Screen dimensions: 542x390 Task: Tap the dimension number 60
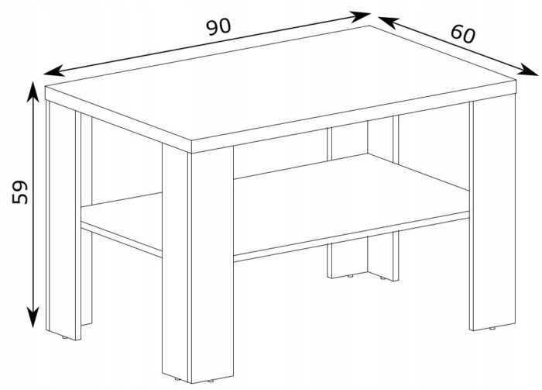coord(463,34)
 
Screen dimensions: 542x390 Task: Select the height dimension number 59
coord(19,192)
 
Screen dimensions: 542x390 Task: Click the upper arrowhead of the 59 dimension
coord(33,91)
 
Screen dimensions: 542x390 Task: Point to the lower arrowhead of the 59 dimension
coord(33,317)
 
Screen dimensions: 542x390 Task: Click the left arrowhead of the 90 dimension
coord(53,71)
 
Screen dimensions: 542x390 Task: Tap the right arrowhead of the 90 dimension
coord(361,16)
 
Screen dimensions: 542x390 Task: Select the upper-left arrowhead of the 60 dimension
coord(387,21)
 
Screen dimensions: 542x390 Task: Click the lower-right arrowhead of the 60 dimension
coord(529,70)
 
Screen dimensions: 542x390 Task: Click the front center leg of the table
coord(197,263)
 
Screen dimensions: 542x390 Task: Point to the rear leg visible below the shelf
coord(363,258)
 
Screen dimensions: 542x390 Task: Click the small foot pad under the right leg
coord(492,328)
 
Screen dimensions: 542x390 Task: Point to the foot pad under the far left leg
coord(64,337)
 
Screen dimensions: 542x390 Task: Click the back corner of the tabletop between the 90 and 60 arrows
coord(370,26)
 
